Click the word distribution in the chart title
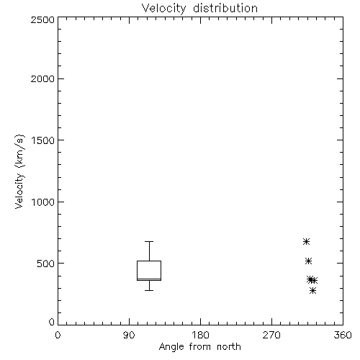click(x=225, y=8)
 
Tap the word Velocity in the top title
click(x=163, y=9)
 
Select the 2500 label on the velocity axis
click(x=42, y=19)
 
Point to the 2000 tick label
click(x=42, y=78)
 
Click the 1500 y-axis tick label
click(x=43, y=140)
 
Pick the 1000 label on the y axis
click(x=43, y=202)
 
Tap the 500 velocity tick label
click(x=46, y=264)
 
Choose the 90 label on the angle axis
click(x=129, y=335)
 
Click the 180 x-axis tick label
click(x=200, y=335)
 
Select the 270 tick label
click(x=271, y=335)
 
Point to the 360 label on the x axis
click(x=343, y=335)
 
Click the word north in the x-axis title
click(x=229, y=347)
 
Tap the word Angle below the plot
click(x=171, y=348)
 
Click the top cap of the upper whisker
click(x=149, y=241)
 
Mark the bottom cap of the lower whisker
click(x=149, y=290)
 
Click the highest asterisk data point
click(x=306, y=241)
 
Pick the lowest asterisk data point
click(x=312, y=291)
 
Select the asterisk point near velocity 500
click(x=308, y=261)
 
